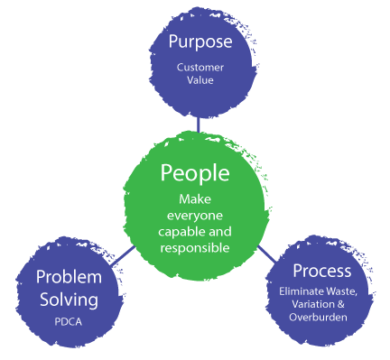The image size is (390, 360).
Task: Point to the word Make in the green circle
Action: [196, 198]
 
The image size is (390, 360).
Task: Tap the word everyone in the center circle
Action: [195, 213]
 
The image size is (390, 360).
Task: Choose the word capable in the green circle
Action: [180, 229]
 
